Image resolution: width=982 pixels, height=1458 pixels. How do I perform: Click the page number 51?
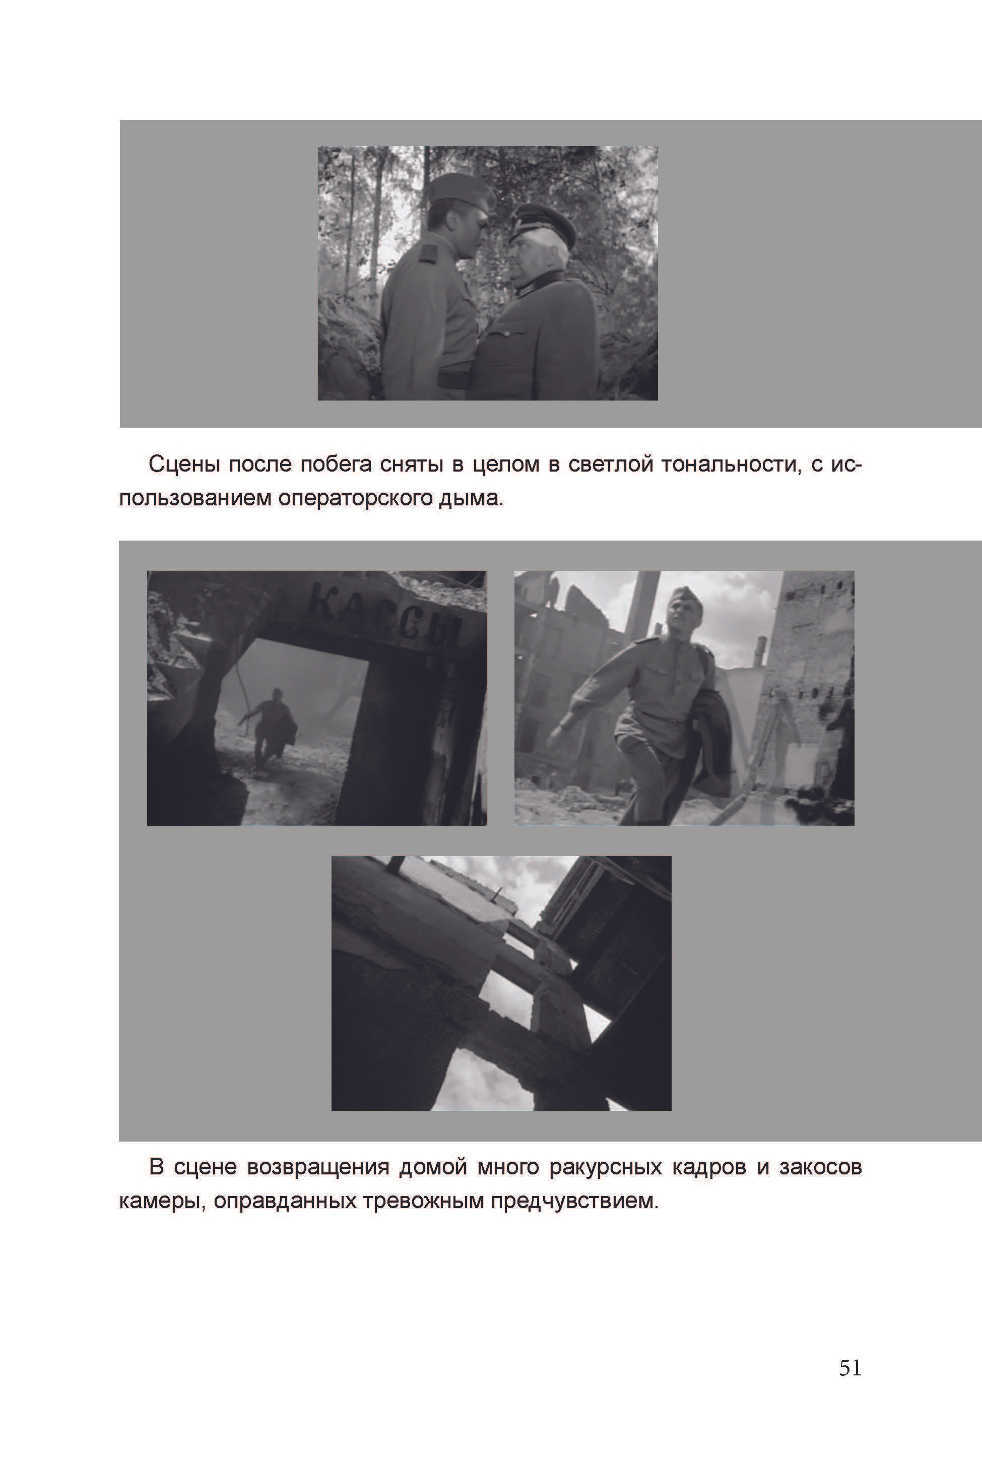click(x=850, y=1368)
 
